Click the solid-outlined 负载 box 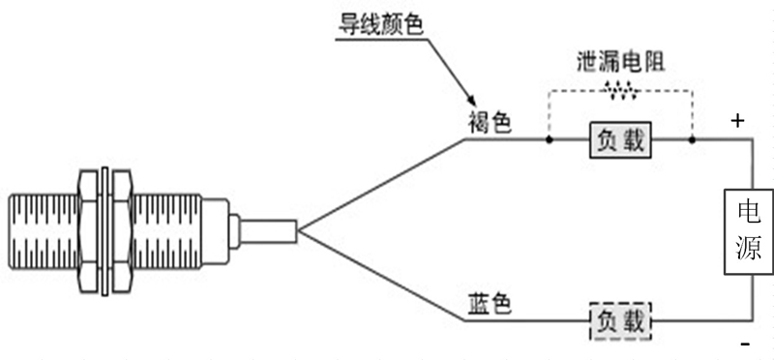pyautogui.click(x=620, y=140)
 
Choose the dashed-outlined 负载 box pyautogui.click(x=620, y=320)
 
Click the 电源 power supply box pyautogui.click(x=748, y=231)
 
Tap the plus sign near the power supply pyautogui.click(x=737, y=121)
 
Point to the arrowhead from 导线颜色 pyautogui.click(x=470, y=102)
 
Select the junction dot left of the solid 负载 pyautogui.click(x=549, y=140)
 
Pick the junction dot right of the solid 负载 pyautogui.click(x=692, y=140)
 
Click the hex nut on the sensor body pyautogui.click(x=105, y=231)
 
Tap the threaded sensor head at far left pyautogui.click(x=44, y=231)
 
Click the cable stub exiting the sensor pyautogui.click(x=266, y=231)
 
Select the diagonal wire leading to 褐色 pyautogui.click(x=382, y=185)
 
